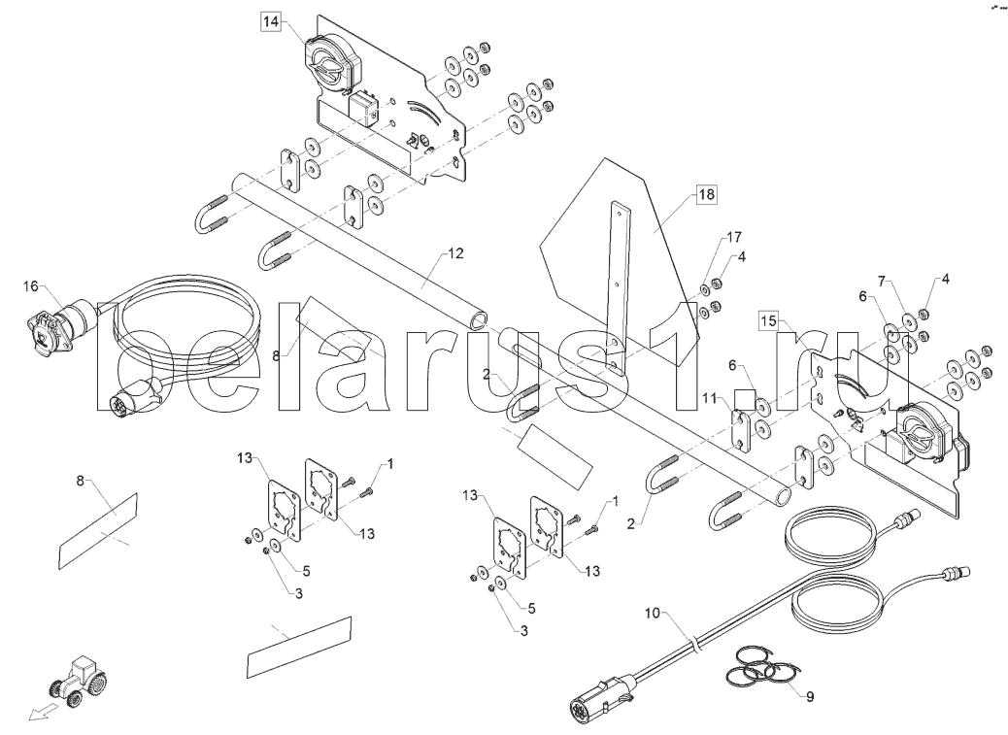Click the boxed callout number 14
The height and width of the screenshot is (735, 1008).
pos(270,20)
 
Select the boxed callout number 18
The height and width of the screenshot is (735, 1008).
pos(706,195)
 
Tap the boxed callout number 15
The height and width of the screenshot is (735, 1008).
pos(768,320)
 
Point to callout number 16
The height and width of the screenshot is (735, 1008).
pos(30,285)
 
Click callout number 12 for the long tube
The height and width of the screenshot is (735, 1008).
pos(455,253)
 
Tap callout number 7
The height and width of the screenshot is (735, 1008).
pos(883,282)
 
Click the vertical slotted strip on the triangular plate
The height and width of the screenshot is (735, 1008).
pos(615,282)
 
